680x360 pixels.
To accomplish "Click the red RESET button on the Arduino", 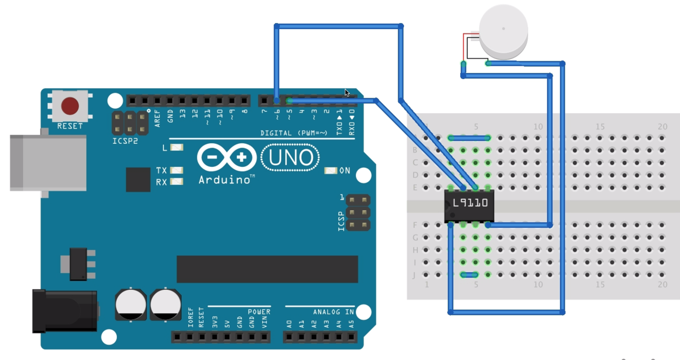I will coord(70,105).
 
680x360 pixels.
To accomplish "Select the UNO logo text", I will coord(290,158).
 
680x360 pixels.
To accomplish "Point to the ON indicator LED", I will coord(330,171).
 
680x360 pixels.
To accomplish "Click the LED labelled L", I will coord(177,148).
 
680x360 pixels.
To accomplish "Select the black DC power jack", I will coord(64,311).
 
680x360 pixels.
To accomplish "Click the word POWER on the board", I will coord(259,312).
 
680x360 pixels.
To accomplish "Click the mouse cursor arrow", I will coord(347,93).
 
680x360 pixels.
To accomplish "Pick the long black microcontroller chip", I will coord(267,269).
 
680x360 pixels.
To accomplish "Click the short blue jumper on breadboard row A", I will coord(469,138).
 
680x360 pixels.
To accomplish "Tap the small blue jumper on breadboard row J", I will coord(469,274).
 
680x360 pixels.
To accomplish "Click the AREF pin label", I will coord(158,118).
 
